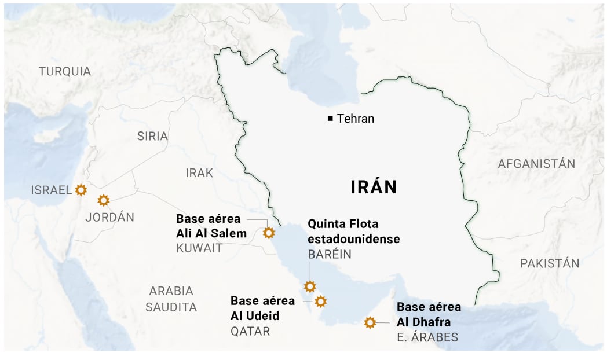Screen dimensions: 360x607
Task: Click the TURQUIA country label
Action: [65, 71]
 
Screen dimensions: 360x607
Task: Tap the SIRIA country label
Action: [152, 136]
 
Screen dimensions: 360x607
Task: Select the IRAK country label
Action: [199, 172]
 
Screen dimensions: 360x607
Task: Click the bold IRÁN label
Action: [374, 187]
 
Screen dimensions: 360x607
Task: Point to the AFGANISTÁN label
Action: [536, 164]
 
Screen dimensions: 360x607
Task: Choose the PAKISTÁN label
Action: [549, 263]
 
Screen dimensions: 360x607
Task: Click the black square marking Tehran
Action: [330, 119]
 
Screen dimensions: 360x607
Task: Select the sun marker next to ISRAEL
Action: [81, 189]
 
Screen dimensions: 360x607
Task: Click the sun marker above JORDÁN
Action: [104, 200]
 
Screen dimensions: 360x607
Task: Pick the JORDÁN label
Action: [109, 218]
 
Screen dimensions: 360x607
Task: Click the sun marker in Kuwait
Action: [269, 233]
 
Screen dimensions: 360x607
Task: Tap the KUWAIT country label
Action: [199, 248]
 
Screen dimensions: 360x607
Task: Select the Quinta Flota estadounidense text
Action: [353, 231]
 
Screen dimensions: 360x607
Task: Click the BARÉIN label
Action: [329, 255]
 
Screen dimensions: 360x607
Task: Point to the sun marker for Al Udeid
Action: [320, 301]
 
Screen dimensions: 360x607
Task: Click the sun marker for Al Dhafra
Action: [370, 322]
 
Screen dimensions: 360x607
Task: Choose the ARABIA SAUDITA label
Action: [171, 299]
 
